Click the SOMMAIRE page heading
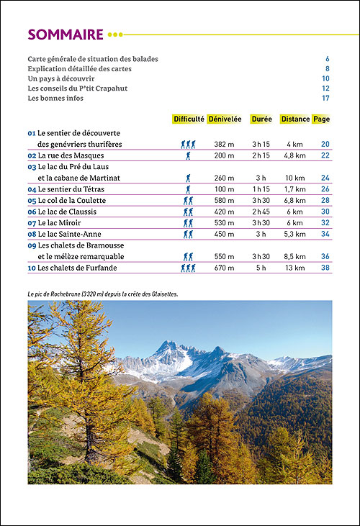click(66, 34)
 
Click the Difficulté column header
click(189, 119)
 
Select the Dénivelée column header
click(225, 119)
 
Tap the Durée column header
click(261, 119)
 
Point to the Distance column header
click(295, 119)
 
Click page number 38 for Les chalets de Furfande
click(325, 268)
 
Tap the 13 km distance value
click(294, 268)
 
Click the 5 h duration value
click(261, 268)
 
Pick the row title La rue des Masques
click(71, 155)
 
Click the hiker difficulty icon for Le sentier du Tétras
click(189, 189)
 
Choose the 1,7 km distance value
click(294, 189)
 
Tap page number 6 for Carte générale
click(327, 58)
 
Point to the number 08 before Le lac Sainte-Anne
click(32, 234)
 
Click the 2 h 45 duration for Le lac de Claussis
click(261, 212)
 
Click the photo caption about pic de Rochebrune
click(102, 294)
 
